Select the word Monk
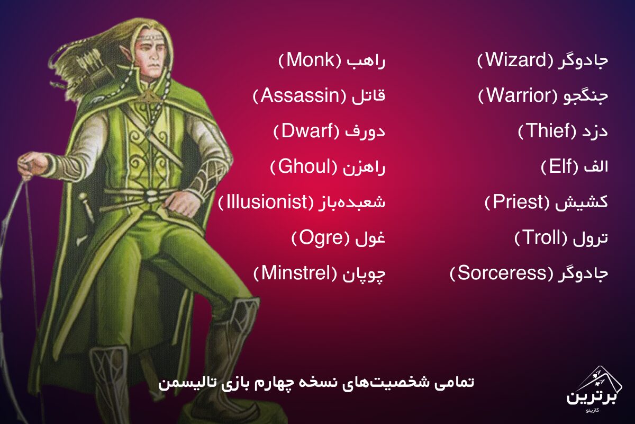[x=311, y=60]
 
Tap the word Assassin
[x=300, y=96]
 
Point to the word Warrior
[x=518, y=96]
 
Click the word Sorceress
[x=502, y=273]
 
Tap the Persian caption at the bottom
[x=316, y=383]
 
